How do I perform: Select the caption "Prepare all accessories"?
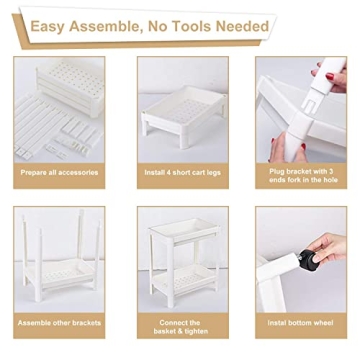[x=59, y=172]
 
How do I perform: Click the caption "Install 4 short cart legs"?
[x=182, y=172]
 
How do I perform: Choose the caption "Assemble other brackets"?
[x=59, y=322]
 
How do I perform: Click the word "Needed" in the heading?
[x=245, y=25]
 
